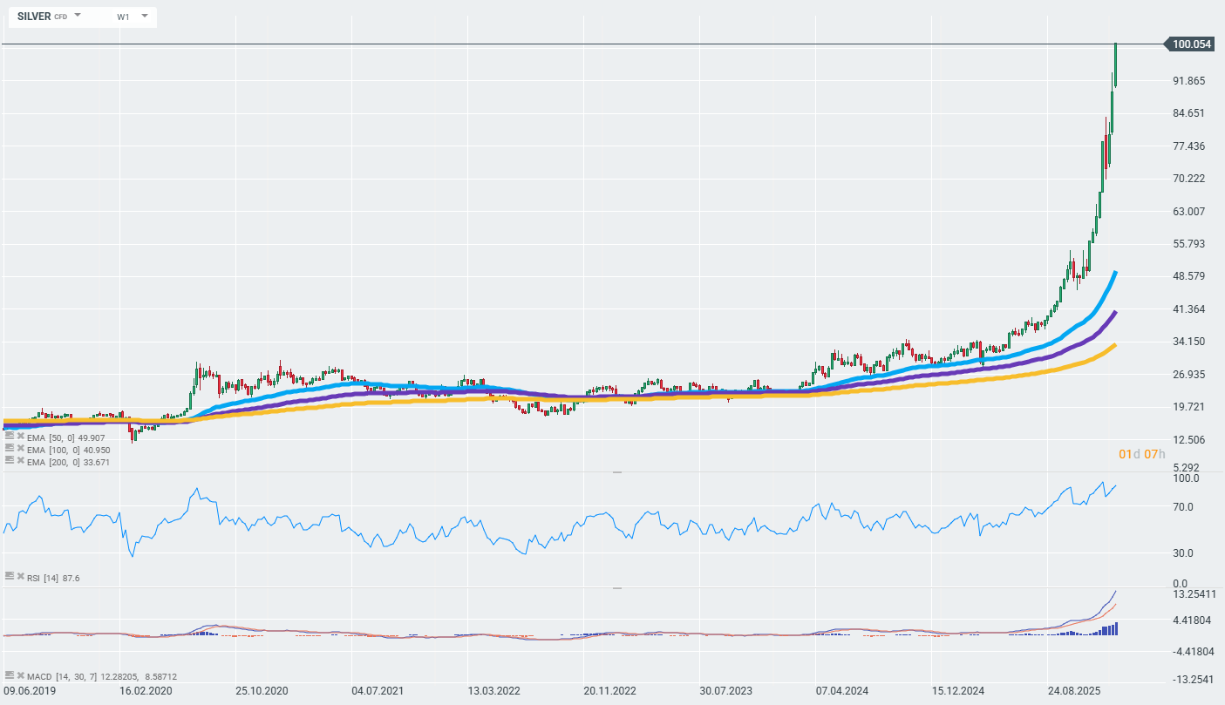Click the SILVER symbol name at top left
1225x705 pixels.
tap(34, 17)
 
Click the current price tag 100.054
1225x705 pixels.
tap(1192, 44)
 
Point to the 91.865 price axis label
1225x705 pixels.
tap(1189, 81)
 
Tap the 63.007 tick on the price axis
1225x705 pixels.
tap(1189, 211)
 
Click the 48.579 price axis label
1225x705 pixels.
tap(1189, 276)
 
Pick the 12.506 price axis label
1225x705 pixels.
tap(1189, 439)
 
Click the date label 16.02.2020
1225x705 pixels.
tap(146, 691)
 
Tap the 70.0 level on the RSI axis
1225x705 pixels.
tap(1185, 506)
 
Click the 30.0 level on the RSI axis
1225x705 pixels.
tap(1185, 553)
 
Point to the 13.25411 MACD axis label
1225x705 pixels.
tap(1194, 594)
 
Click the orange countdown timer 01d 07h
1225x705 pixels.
tap(1141, 454)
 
